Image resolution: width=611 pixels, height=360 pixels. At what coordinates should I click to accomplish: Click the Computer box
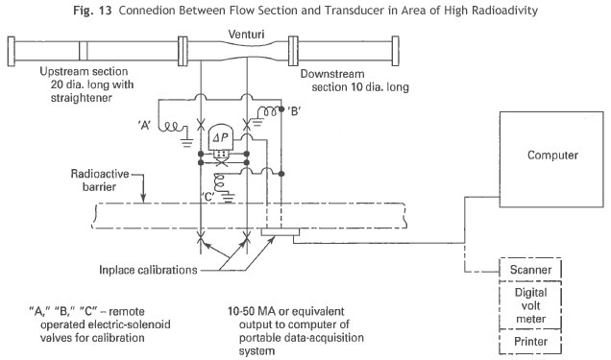tap(551, 159)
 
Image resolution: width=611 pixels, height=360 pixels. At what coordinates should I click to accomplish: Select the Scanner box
tap(530, 270)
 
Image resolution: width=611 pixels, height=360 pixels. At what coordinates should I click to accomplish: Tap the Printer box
tap(530, 342)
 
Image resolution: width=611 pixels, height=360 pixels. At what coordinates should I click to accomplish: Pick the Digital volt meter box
tap(530, 305)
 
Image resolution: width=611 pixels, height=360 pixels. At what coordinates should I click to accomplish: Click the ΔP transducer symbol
tap(221, 137)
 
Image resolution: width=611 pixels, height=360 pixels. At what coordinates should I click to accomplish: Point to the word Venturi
tap(246, 35)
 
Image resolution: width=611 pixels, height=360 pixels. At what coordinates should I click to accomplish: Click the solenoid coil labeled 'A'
tap(170, 127)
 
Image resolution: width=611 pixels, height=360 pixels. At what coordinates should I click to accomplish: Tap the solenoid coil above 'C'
tap(219, 181)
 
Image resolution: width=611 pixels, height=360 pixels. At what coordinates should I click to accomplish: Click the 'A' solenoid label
tap(144, 126)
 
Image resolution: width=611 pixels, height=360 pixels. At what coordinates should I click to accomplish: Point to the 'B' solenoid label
tap(293, 111)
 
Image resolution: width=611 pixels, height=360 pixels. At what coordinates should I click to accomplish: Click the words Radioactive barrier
tap(99, 180)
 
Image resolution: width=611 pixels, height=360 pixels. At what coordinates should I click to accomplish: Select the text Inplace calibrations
tap(148, 270)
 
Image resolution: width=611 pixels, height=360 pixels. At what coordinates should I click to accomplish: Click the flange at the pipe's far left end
tap(12, 51)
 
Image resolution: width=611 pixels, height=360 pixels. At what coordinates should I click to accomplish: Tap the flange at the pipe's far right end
tap(395, 51)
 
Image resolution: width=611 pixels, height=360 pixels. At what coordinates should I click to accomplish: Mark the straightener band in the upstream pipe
tap(83, 51)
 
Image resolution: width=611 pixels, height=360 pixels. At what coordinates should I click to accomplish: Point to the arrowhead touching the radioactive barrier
tap(143, 199)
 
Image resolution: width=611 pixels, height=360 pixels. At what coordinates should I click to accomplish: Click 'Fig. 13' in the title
tap(92, 11)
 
